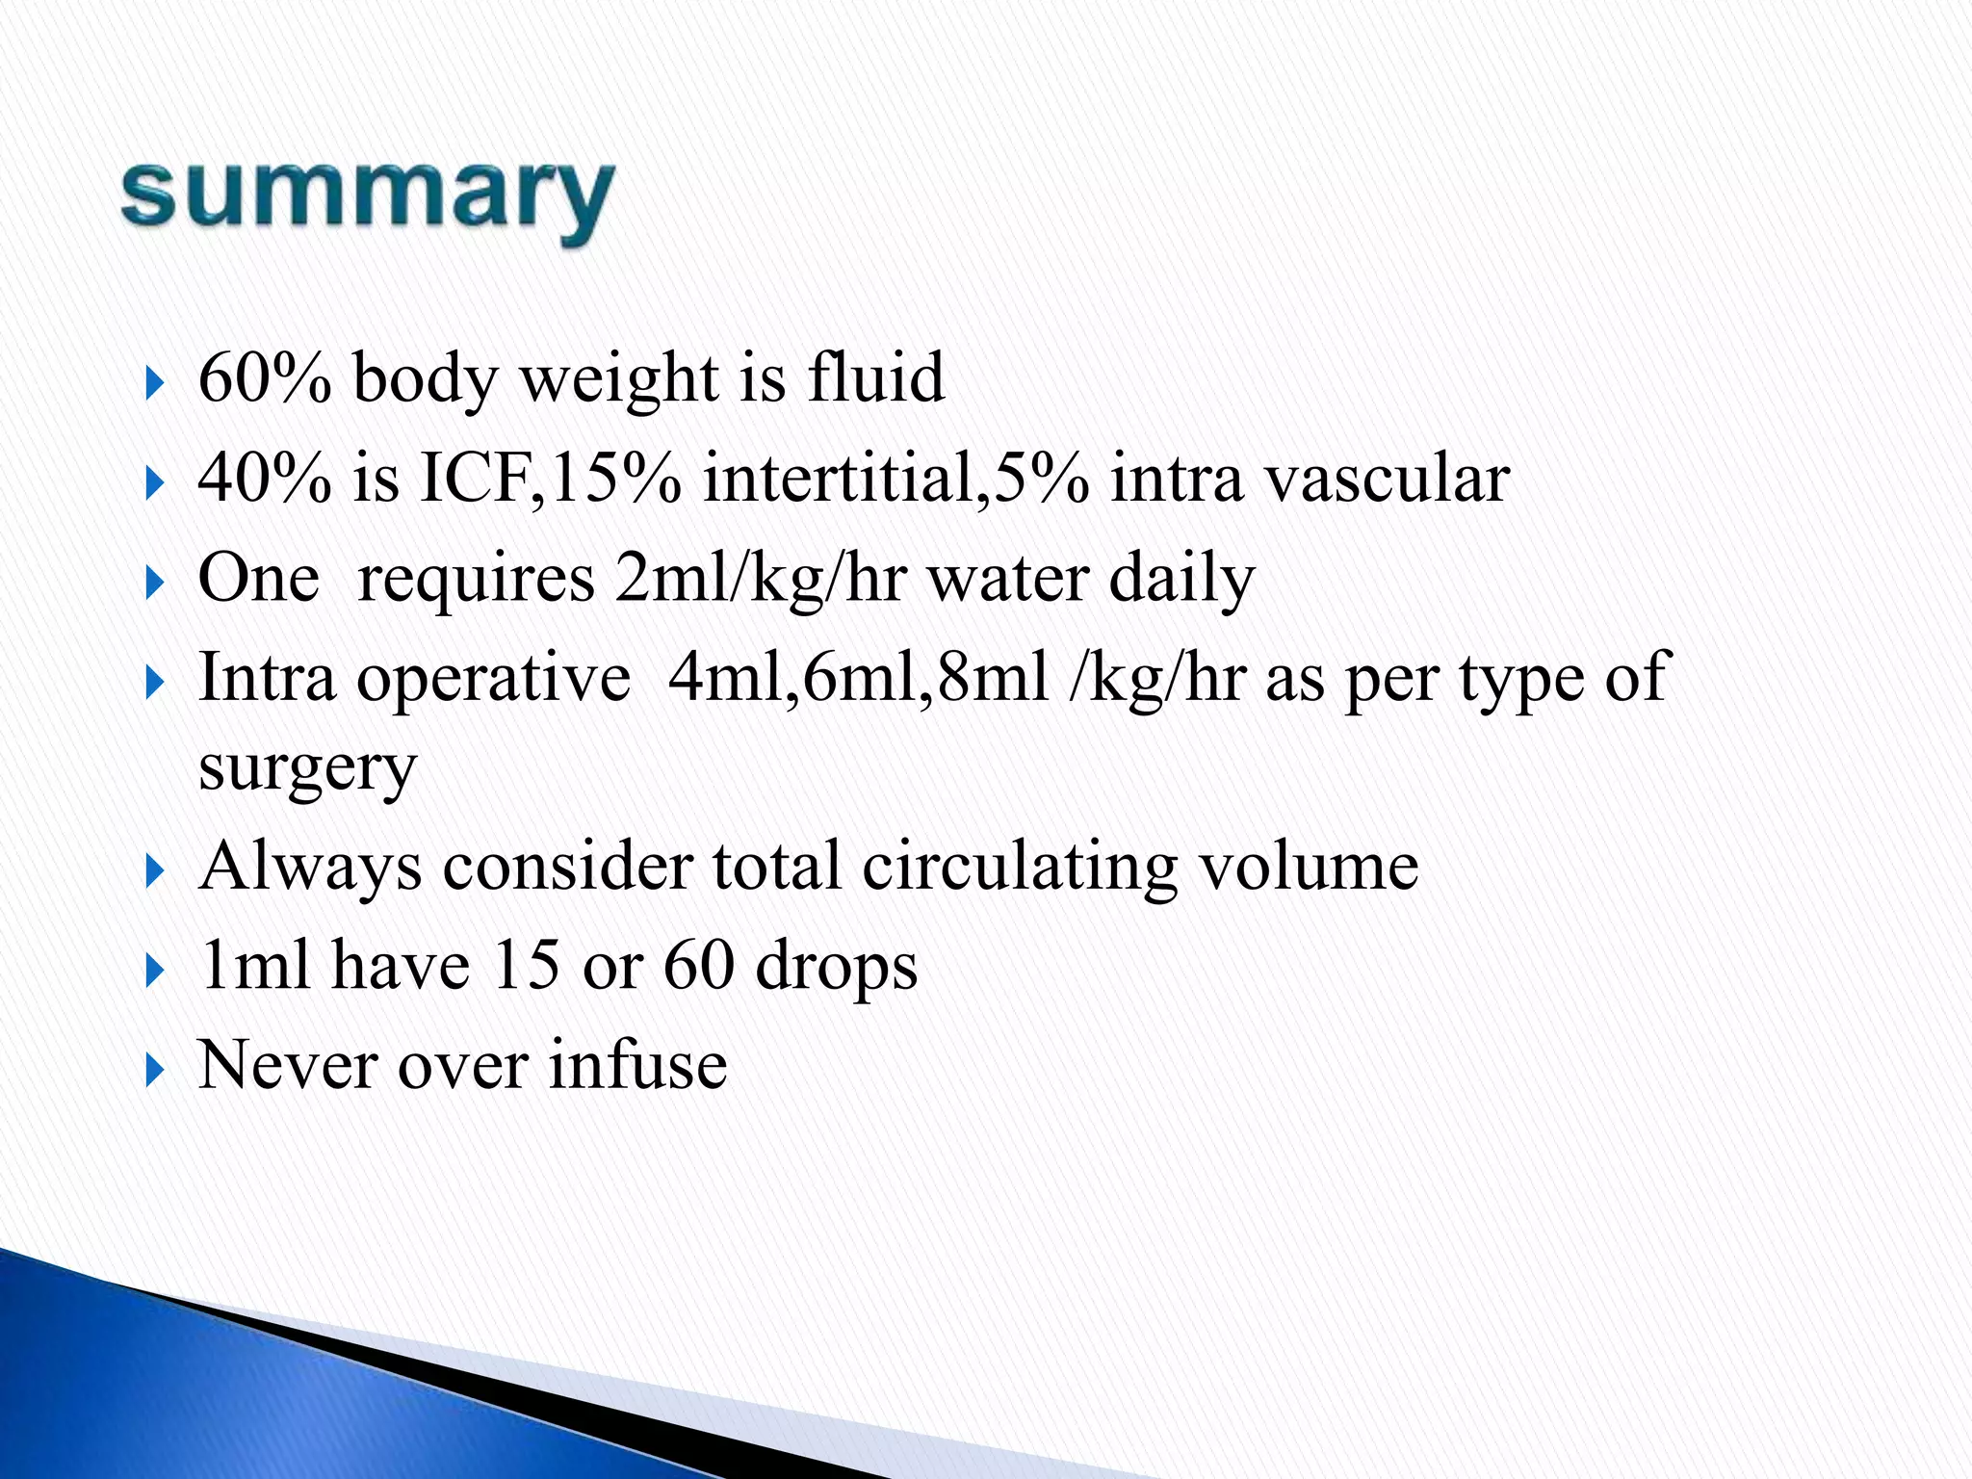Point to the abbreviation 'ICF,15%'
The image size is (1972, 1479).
(x=550, y=479)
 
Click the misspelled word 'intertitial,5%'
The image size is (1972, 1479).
(x=895, y=479)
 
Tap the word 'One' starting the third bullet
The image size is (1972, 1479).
(x=258, y=579)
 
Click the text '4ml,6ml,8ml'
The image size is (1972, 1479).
(x=858, y=678)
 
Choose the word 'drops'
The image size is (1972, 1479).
(x=836, y=967)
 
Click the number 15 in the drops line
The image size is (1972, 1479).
(x=526, y=965)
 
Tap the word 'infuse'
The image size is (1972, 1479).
(x=637, y=1065)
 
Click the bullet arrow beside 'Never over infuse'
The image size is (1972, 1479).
(x=154, y=1069)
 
